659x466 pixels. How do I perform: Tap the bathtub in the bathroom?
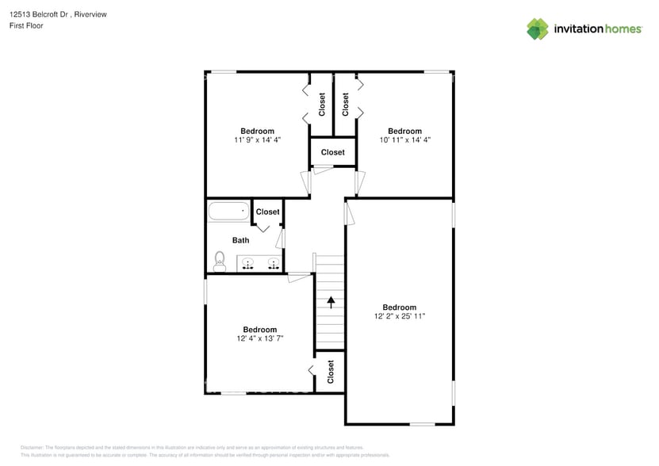tap(228, 212)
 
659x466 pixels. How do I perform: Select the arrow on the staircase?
tap(331, 301)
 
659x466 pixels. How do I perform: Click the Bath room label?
tap(240, 240)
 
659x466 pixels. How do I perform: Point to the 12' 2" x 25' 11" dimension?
tap(400, 316)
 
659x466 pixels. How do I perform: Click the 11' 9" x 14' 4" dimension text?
tap(258, 139)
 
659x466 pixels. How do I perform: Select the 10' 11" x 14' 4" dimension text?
tap(404, 139)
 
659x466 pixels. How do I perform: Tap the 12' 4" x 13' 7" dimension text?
tap(259, 338)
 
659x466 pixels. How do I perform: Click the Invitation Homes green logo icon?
tap(538, 29)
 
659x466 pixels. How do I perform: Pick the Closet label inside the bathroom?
tap(267, 212)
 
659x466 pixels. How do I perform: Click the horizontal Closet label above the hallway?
tap(333, 152)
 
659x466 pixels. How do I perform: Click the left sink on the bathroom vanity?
tap(248, 264)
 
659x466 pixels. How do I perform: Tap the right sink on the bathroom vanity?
tap(274, 264)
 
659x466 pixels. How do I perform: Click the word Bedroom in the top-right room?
tap(404, 131)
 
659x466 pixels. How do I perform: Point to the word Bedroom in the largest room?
tap(400, 307)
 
